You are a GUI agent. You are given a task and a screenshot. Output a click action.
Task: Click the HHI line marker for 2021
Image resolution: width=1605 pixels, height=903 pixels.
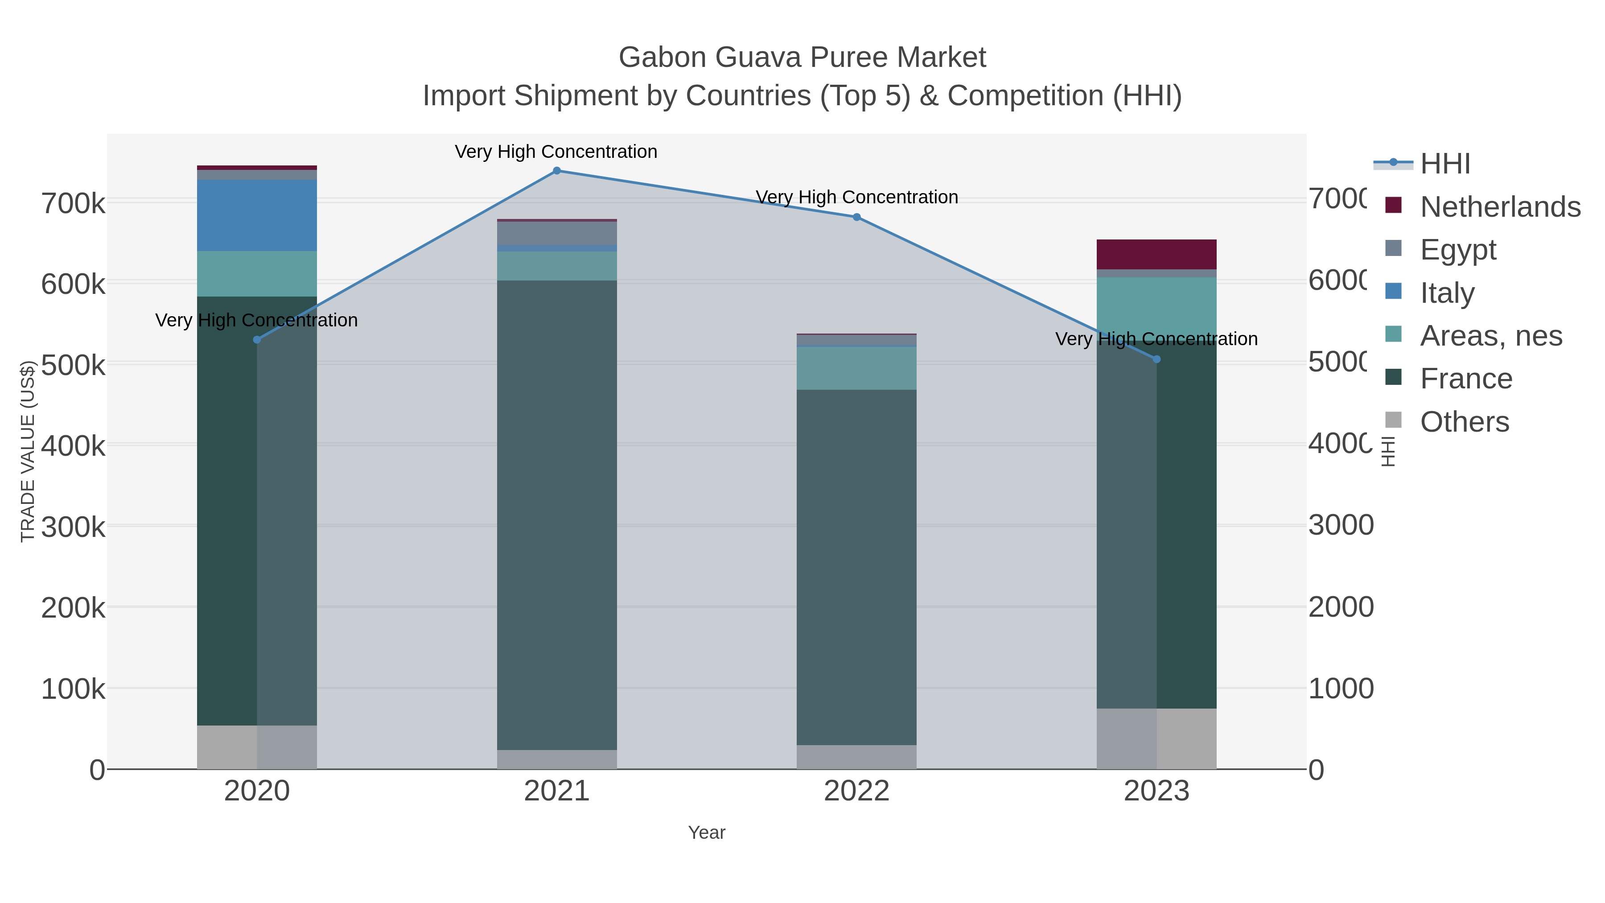point(556,171)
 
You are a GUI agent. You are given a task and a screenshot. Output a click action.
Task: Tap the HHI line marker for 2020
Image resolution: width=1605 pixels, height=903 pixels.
point(257,340)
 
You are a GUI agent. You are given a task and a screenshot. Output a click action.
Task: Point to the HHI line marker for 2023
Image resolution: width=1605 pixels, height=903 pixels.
point(1156,359)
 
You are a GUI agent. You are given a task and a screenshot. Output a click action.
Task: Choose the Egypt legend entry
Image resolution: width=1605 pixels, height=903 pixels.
point(1457,250)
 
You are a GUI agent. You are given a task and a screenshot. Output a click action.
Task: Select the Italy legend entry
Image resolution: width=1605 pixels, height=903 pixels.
point(1447,293)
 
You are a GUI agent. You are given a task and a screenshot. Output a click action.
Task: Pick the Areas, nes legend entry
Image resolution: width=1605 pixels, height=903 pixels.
point(1490,336)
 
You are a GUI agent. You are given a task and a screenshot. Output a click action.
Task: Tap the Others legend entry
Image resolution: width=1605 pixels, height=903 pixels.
point(1464,422)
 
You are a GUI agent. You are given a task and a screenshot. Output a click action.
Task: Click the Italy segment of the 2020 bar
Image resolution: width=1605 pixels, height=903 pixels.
point(257,216)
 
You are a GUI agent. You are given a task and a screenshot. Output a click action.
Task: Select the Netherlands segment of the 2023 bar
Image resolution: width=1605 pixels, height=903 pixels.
point(1156,254)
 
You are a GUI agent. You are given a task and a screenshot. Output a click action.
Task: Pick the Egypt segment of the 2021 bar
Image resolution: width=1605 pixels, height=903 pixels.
point(556,233)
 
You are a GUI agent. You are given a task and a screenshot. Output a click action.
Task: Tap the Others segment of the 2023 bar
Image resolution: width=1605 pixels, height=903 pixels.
point(1156,738)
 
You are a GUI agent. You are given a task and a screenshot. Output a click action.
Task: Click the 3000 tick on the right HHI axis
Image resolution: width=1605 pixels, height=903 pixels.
point(1340,525)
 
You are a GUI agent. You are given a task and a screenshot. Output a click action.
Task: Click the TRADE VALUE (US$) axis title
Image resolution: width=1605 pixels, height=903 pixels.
point(27,451)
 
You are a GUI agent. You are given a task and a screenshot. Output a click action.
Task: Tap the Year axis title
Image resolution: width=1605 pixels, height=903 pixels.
point(707,833)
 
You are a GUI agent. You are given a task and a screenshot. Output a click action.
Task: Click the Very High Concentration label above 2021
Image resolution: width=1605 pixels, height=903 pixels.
point(556,152)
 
